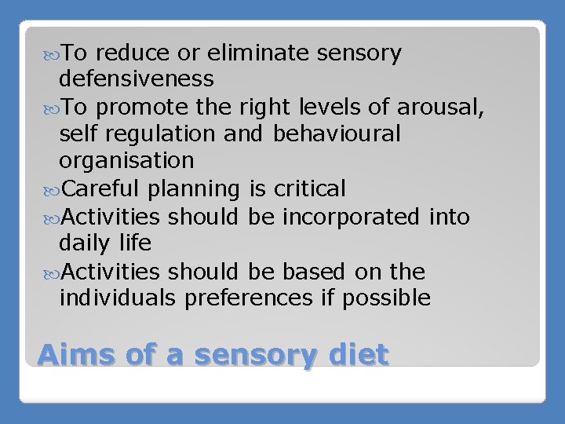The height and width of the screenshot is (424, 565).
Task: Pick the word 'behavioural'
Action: (336, 133)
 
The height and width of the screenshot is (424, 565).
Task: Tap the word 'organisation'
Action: (126, 161)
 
